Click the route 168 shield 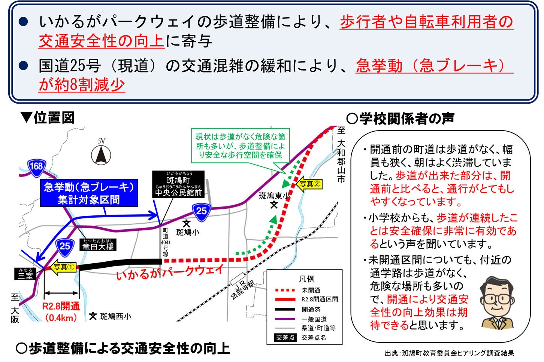pos(36,166)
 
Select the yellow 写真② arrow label pos(309,184)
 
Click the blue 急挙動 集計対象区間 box pos(89,193)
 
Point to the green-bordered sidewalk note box pos(240,146)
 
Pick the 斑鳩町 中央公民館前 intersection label pos(178,184)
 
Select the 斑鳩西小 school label pos(111,316)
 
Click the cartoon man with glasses pos(497,303)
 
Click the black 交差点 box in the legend pos(285,337)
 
